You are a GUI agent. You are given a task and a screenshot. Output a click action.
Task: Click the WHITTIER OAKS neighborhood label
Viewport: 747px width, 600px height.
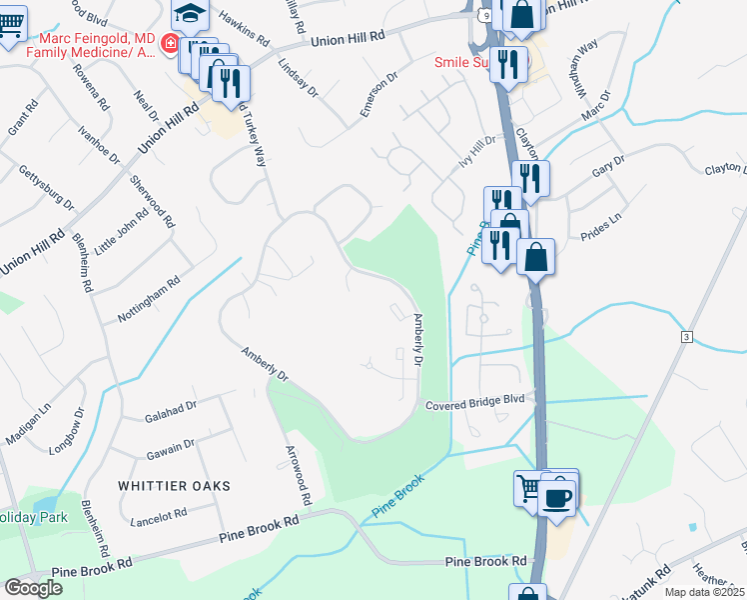[174, 486]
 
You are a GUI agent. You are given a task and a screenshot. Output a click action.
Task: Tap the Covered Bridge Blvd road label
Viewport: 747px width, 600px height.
[474, 404]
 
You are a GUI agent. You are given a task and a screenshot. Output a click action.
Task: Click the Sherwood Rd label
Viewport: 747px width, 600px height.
[152, 201]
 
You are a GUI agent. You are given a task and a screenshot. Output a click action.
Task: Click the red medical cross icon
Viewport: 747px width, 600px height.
[170, 45]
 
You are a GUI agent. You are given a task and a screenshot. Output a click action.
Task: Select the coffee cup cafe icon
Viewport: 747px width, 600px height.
[556, 496]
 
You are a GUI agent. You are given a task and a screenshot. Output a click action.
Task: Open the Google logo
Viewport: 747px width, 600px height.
[33, 588]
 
